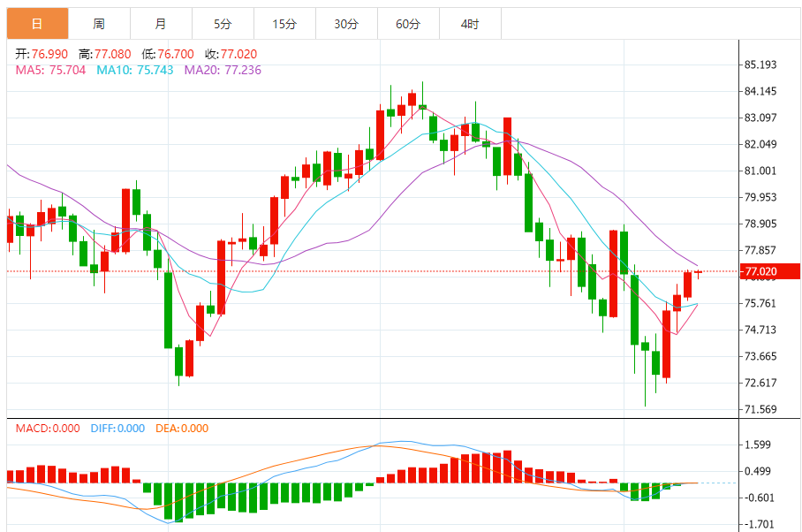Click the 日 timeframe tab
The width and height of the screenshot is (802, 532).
37,24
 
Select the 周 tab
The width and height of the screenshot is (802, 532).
99,24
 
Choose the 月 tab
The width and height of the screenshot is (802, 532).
160,24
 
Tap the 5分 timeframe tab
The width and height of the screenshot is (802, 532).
222,24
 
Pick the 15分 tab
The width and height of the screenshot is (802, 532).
284,24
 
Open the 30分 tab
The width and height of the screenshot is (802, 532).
346,24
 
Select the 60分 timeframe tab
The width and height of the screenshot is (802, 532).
408,24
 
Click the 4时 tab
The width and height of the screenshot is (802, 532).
470,24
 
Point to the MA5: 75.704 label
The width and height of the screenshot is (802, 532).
50,70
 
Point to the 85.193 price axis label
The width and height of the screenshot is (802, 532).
760,65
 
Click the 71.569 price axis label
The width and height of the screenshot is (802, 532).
760,409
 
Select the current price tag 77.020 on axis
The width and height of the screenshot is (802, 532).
760,271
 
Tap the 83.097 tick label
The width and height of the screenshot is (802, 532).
760,118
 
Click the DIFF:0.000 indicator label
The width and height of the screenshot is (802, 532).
117,429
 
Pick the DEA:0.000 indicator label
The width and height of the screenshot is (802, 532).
182,429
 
